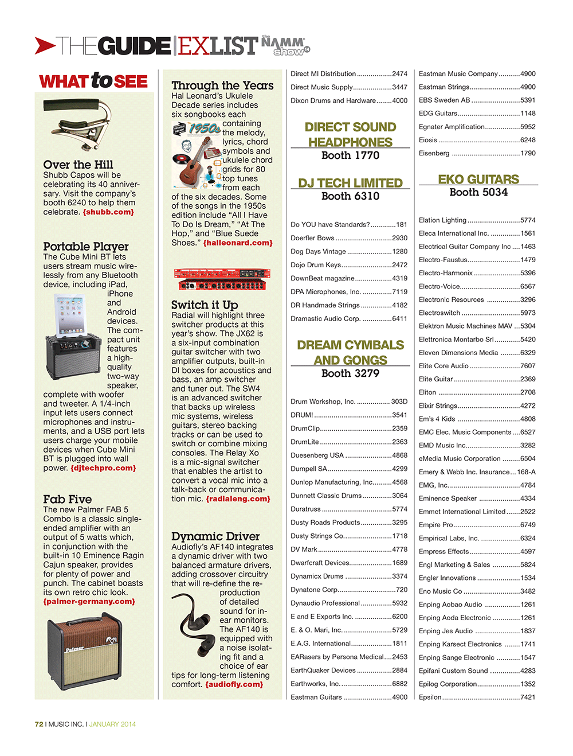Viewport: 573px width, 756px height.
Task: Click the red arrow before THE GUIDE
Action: point(45,45)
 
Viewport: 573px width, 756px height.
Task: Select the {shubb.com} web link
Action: point(108,212)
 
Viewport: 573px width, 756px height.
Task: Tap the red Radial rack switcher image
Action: point(221,279)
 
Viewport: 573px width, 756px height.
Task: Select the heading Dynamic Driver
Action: point(215,536)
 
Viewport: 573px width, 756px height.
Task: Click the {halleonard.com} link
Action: point(238,243)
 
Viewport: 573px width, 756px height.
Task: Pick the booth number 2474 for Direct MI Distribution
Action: point(399,74)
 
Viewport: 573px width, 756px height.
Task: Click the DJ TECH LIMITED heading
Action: point(350,183)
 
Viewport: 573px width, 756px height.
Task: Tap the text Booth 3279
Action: point(350,373)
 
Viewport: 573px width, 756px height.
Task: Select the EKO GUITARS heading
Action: point(478,180)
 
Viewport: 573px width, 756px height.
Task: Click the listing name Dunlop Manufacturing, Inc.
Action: point(332,482)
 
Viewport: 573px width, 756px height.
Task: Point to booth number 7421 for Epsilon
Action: point(528,697)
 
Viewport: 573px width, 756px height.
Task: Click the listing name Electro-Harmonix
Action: point(446,273)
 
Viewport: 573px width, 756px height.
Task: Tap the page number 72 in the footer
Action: point(39,724)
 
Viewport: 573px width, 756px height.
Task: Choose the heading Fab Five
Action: point(68,499)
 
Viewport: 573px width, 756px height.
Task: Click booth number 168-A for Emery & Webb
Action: point(526,472)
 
